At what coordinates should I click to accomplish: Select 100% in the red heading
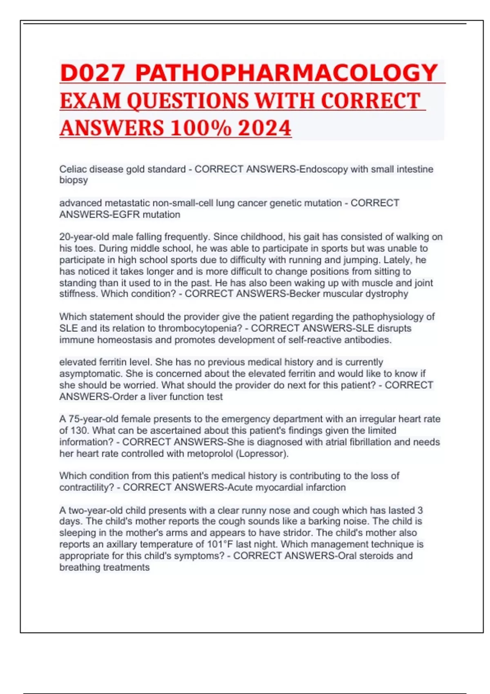click(200, 128)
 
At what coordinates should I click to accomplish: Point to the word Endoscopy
click(323, 169)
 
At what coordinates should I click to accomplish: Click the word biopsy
click(73, 180)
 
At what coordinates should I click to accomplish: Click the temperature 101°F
click(220, 544)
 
